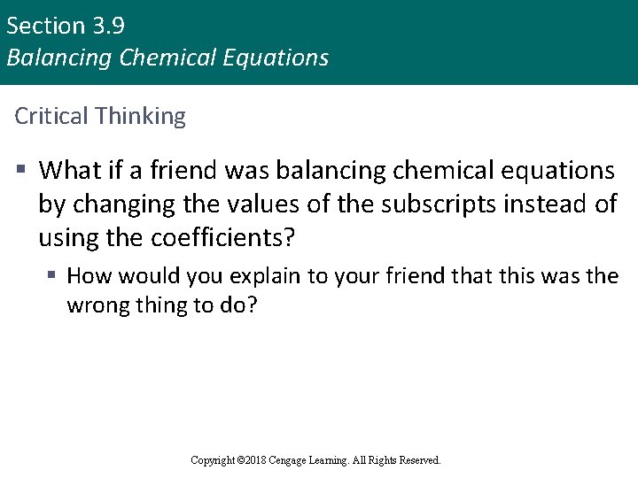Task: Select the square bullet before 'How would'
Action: point(53,276)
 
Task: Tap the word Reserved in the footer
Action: point(418,460)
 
